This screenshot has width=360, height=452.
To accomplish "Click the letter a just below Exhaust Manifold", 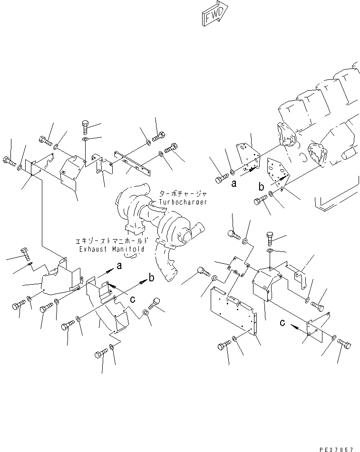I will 119,267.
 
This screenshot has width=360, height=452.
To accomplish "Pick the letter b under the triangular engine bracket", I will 261,187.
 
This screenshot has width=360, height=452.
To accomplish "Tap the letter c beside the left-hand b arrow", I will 133,299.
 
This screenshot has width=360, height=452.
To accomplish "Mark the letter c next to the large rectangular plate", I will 282,324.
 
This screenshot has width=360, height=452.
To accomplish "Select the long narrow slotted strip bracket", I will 132,161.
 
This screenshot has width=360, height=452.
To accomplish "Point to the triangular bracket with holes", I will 278,173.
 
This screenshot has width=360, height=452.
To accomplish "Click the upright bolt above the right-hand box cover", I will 270,236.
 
